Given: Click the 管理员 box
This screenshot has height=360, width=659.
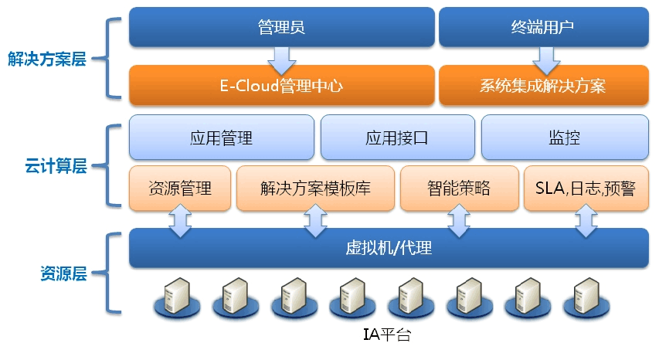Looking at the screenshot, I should pos(281,27).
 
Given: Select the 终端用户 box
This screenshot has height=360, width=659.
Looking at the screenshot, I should pos(543,27).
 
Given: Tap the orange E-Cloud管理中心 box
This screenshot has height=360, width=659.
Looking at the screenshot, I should pos(281,84).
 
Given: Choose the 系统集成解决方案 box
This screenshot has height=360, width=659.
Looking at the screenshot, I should pos(543,84).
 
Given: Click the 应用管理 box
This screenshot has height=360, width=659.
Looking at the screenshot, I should pos(221,138).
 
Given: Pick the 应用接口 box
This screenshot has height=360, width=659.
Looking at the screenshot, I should pos(396,138).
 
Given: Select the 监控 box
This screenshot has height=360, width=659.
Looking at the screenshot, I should pos(564,138).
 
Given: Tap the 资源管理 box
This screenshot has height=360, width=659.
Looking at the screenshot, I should pos(179,188).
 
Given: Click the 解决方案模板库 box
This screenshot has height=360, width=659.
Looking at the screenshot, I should pos(315,188).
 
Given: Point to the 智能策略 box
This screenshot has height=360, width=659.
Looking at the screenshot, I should pos(458,188).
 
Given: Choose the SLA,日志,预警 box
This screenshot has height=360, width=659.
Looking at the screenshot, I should pos(586,188).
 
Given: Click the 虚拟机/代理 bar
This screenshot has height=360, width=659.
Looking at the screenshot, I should pos(389,248).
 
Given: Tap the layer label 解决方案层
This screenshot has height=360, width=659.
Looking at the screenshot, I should pos(47,59).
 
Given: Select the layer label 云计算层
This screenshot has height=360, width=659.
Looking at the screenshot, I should pos(55,165).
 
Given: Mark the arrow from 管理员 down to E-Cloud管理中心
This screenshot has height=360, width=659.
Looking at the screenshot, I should pos(281,56).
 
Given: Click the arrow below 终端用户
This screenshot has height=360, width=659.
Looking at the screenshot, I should pos(545,56).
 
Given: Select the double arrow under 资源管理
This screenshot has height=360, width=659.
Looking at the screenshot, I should pos(180,219).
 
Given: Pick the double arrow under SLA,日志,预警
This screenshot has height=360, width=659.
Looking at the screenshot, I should pos(585,219).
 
